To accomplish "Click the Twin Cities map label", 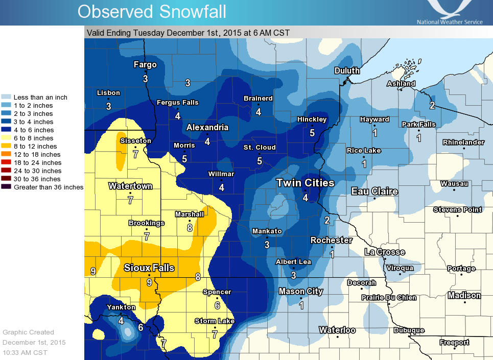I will [305, 183].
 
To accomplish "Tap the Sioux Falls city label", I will [149, 268].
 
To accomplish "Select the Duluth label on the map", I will [347, 70].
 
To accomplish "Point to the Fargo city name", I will [145, 65].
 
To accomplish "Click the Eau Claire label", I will [374, 191].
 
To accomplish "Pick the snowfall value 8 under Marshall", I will [190, 228].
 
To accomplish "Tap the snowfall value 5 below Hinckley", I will [312, 133].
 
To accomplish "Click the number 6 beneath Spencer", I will [217, 305].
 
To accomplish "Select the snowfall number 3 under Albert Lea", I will [293, 275].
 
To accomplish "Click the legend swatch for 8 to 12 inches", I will [7, 146].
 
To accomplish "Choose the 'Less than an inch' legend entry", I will [40, 97].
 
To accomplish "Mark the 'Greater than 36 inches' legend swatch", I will [7, 187].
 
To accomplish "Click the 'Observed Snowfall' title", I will [152, 12].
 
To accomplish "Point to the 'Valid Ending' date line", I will [188, 33].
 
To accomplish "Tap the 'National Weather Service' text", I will [450, 22].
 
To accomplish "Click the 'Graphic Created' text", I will [28, 332].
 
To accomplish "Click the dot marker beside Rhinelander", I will [464, 149].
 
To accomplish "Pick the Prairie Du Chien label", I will [388, 298].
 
